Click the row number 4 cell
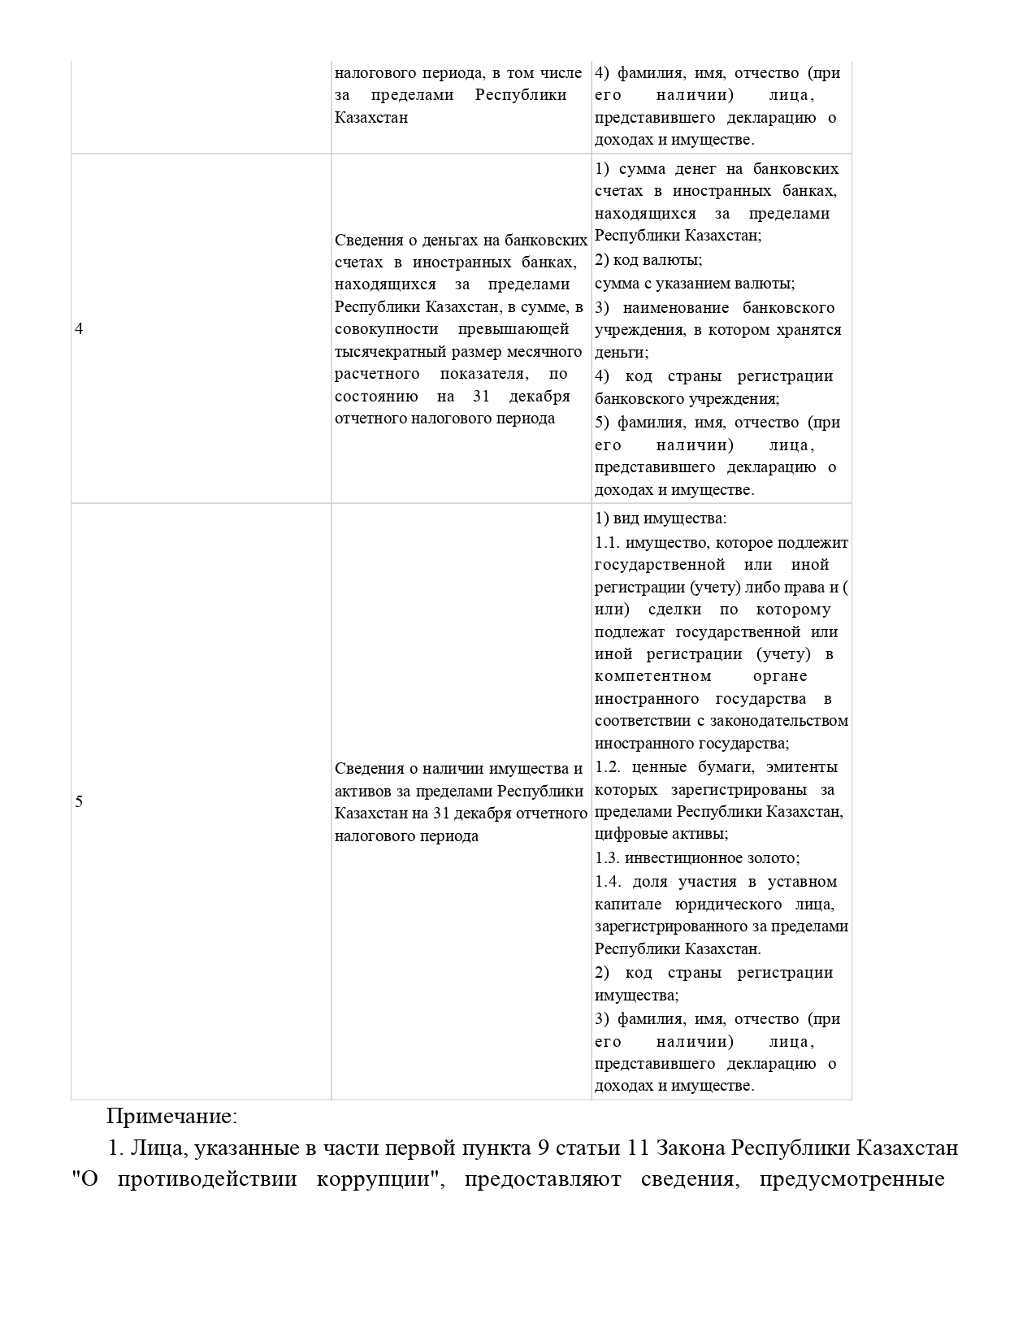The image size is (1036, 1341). [x=79, y=329]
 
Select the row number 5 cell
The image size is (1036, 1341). [x=79, y=802]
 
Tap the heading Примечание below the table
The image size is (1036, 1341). [x=171, y=1116]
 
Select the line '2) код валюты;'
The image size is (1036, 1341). [x=648, y=260]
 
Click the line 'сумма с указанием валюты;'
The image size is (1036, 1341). [x=695, y=284]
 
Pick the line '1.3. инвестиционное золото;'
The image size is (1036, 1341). [x=697, y=858]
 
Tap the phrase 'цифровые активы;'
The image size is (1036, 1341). [x=661, y=834]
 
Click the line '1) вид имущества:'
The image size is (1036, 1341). [x=661, y=519]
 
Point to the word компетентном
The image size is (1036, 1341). [x=653, y=676]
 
